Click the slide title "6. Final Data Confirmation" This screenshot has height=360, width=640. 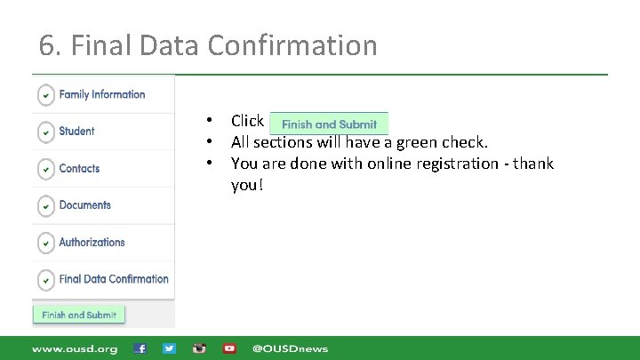(x=208, y=44)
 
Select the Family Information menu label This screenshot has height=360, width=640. (x=101, y=94)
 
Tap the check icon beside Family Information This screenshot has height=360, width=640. (x=44, y=95)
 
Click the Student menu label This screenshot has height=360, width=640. (x=76, y=132)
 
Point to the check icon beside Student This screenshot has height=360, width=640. (x=44, y=132)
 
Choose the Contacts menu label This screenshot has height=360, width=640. (x=79, y=168)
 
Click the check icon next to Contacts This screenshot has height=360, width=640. (x=44, y=169)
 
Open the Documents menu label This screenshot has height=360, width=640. (x=84, y=205)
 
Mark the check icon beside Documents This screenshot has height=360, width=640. (x=44, y=206)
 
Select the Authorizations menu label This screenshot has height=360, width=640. (x=92, y=242)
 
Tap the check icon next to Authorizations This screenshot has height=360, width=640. (x=44, y=243)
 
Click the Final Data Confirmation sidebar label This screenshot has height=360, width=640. (x=114, y=279)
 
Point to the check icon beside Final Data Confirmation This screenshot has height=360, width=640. (x=44, y=280)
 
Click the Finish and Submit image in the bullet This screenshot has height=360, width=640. (x=329, y=124)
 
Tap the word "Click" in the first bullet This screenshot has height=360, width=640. (x=247, y=121)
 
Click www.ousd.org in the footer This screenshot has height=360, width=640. (x=75, y=348)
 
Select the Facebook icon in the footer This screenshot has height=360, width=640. (x=140, y=348)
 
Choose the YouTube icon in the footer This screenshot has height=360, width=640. (x=229, y=348)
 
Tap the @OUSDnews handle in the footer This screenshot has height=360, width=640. (x=290, y=348)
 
